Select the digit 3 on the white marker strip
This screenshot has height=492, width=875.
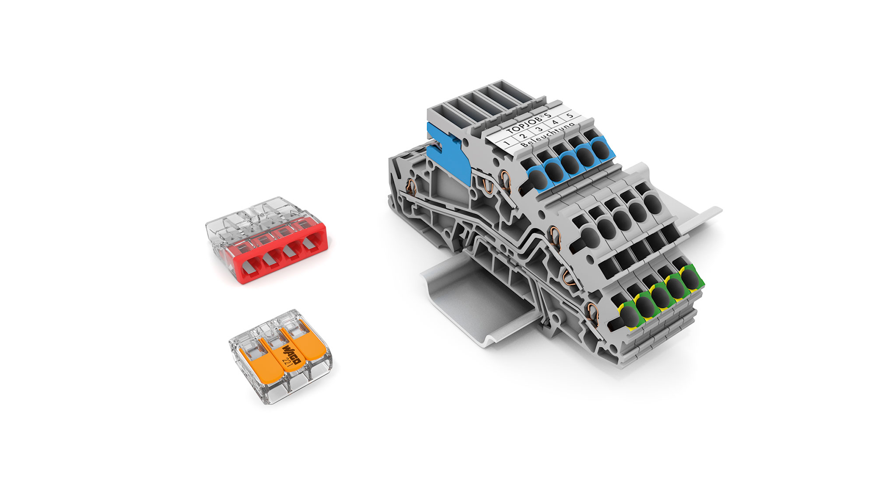pyautogui.click(x=539, y=129)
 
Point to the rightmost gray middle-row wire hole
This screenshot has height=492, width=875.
pyautogui.click(x=652, y=204)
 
